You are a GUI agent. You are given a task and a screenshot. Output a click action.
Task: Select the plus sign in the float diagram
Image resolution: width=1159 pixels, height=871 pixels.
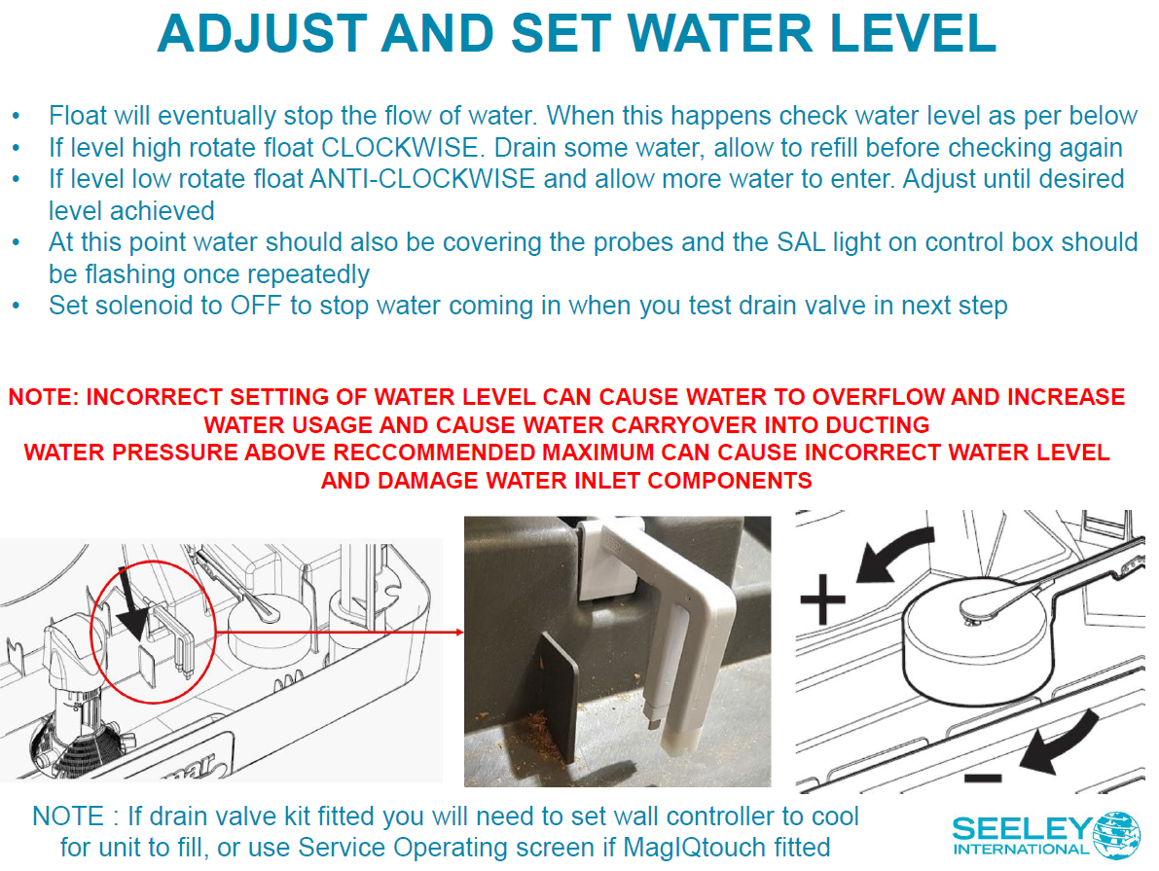point(822,599)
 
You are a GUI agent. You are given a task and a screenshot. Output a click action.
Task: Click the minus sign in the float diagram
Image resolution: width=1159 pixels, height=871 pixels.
point(983,778)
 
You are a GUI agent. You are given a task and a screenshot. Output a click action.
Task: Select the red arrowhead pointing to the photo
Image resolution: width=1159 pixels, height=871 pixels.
point(459,633)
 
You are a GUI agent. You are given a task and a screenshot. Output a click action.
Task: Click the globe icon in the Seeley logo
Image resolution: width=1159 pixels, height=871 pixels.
point(1115,836)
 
